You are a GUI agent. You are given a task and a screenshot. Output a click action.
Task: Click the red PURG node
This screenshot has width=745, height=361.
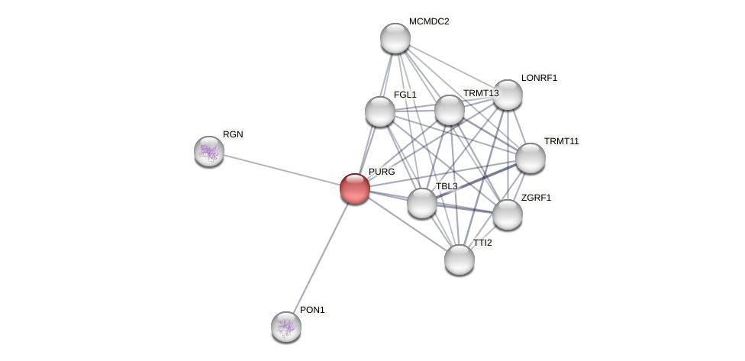point(355,189)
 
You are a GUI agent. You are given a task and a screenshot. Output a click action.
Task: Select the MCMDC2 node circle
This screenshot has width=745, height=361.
point(395,38)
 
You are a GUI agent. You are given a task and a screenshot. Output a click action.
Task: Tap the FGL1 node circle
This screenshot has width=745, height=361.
point(380,111)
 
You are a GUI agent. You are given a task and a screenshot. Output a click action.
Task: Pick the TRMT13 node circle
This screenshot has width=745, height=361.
point(450,110)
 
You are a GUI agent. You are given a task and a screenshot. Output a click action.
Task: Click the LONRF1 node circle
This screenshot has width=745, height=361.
point(508,95)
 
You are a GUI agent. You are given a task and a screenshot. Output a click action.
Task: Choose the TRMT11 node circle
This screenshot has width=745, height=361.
point(531,158)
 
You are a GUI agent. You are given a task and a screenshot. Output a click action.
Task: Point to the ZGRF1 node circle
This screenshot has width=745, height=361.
point(508,214)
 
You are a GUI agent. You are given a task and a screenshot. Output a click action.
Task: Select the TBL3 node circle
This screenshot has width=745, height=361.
point(422,203)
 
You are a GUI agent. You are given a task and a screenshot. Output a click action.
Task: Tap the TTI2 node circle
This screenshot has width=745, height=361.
point(460,259)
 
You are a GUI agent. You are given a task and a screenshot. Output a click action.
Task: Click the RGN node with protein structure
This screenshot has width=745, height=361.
point(209,151)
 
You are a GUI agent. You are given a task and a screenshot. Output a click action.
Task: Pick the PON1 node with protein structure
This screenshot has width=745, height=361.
point(286,327)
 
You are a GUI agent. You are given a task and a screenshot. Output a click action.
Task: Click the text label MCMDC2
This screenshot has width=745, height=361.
point(429,21)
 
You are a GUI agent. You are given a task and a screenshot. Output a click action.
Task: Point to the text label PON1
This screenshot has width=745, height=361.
point(312,310)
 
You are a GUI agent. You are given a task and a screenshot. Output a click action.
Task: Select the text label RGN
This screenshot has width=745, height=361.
point(233,134)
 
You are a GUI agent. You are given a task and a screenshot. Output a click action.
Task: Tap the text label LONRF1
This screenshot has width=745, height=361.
point(539,78)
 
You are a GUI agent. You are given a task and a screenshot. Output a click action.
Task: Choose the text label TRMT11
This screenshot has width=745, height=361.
point(561,141)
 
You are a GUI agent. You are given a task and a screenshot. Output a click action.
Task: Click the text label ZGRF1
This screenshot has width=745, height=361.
point(536,198)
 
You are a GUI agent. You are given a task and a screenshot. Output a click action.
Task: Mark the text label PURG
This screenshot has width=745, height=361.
point(382,172)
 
